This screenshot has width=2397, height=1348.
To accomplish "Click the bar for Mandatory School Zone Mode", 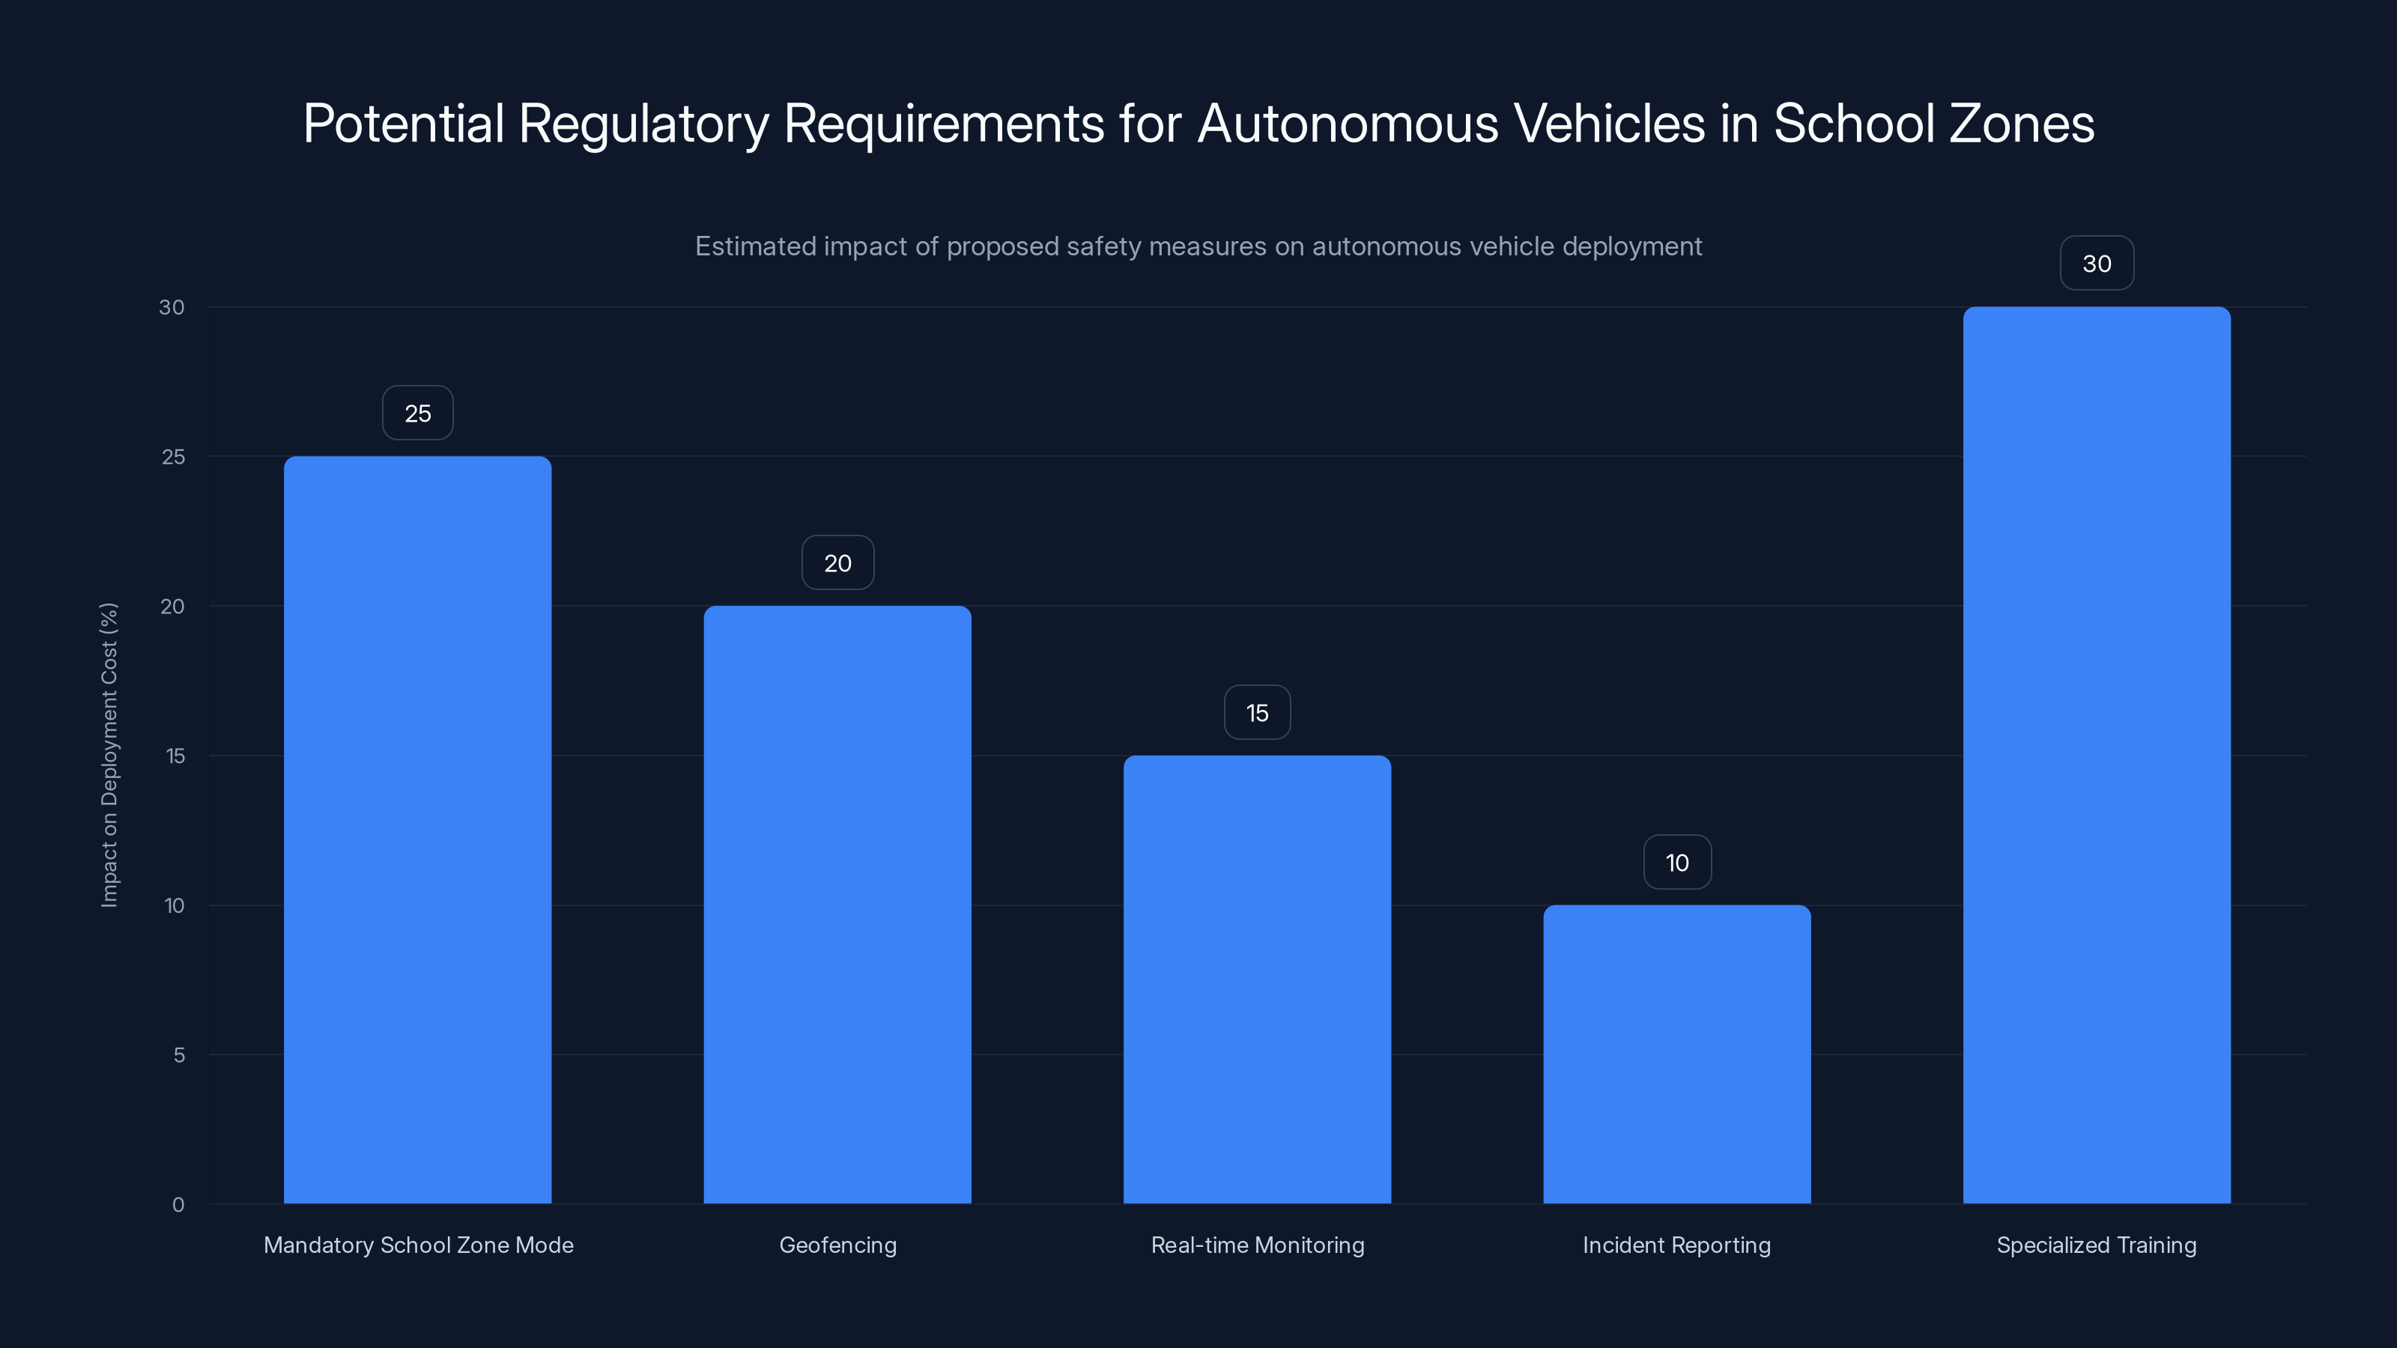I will click(418, 830).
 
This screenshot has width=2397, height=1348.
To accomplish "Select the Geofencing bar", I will click(837, 904).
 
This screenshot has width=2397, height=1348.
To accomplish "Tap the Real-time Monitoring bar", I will click(1257, 980).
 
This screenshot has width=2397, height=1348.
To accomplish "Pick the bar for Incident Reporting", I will click(1677, 1054).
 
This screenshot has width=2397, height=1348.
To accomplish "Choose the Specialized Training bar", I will click(2097, 756).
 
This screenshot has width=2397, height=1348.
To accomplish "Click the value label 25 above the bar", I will click(418, 413).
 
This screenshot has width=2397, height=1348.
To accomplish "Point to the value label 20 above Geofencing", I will click(837, 563).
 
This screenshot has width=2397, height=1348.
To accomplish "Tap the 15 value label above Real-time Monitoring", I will click(1257, 713).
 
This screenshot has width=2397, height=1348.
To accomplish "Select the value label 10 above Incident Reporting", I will click(1677, 863).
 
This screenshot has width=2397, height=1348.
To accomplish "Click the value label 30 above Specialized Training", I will click(2097, 264).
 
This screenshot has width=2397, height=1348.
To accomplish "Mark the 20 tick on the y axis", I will click(172, 607).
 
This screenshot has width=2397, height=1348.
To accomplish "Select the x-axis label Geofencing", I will click(837, 1245).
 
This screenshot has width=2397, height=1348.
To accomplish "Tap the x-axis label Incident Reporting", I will click(1677, 1245).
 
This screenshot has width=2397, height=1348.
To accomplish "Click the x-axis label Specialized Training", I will click(2097, 1245).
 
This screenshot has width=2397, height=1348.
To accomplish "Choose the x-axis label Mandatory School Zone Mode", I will click(418, 1245).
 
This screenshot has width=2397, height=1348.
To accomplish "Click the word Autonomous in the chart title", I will click(1348, 124).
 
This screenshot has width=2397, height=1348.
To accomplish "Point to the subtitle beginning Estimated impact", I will click(1198, 246).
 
